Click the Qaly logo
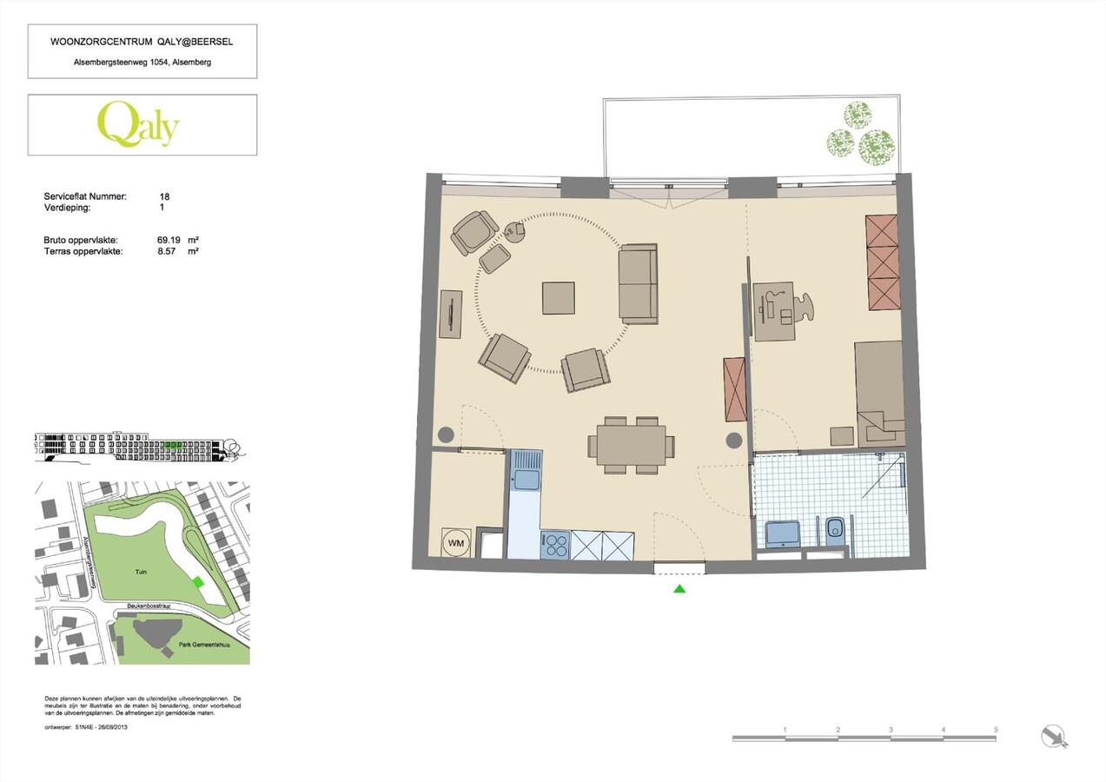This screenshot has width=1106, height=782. [138, 125]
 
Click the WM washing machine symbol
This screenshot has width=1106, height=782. [456, 543]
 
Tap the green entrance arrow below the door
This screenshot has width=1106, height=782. [679, 589]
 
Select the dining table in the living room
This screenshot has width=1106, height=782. [631, 445]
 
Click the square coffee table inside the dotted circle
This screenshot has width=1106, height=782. [558, 298]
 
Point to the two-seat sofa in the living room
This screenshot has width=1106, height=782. [639, 283]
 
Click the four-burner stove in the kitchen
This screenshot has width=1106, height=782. [554, 545]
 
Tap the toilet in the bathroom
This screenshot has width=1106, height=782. [835, 529]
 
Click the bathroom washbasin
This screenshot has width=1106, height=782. [783, 532]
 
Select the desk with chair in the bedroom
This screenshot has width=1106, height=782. [775, 311]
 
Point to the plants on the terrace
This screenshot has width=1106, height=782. [858, 134]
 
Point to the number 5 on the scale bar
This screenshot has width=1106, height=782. [996, 730]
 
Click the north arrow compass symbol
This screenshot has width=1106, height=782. [1055, 737]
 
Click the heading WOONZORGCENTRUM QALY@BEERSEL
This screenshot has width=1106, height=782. [142, 42]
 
